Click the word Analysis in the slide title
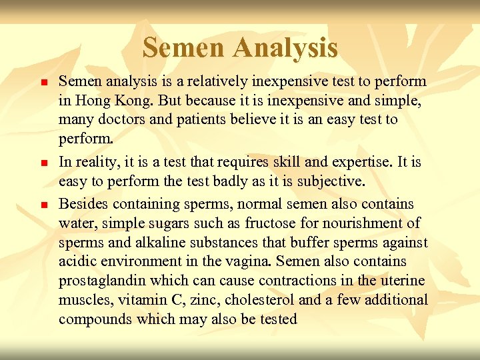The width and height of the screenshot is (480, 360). (287, 48)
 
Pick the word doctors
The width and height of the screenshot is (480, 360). (121, 120)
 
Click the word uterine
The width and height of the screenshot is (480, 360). (401, 281)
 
